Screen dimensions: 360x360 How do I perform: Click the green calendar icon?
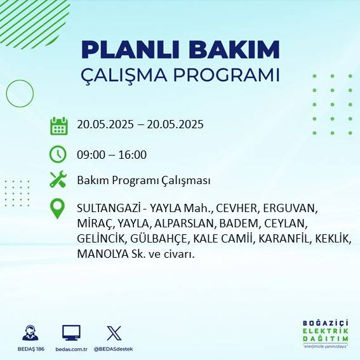[x=58, y=126]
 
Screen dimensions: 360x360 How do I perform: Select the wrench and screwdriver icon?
[x=58, y=180]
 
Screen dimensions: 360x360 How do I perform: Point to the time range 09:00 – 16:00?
[x=112, y=154]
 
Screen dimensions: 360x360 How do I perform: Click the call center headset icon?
[x=29, y=333]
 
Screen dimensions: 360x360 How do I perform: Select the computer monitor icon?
[x=71, y=333]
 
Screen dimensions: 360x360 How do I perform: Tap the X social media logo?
[x=114, y=333]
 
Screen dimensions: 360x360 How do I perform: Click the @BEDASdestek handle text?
[x=114, y=349]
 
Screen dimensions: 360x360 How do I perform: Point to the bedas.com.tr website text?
[x=71, y=349]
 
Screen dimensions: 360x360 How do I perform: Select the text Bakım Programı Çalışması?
[x=143, y=180]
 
